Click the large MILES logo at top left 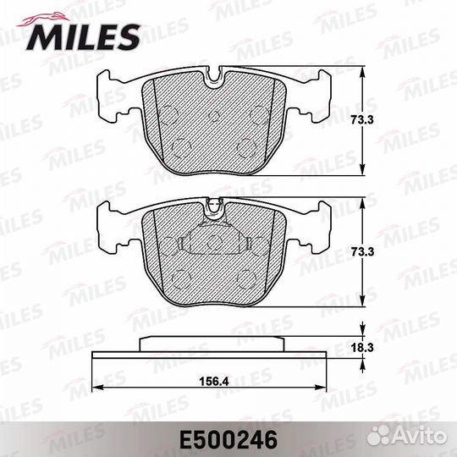85,35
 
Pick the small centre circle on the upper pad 214,116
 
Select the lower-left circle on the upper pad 180,148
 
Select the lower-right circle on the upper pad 246,148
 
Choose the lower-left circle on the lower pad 180,278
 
